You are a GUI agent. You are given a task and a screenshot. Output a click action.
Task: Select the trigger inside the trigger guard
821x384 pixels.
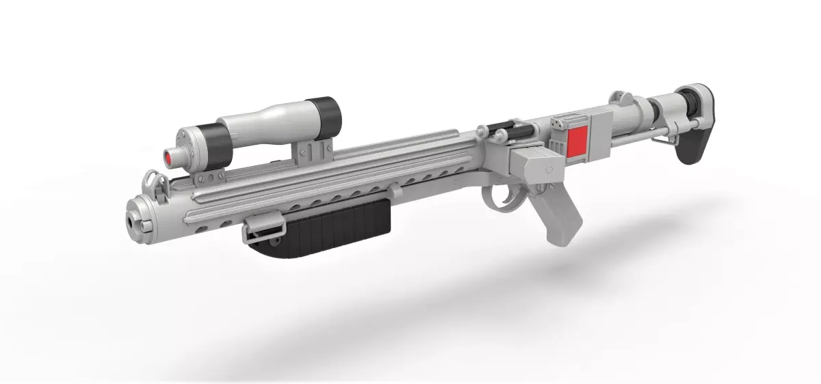pos(511,192)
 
